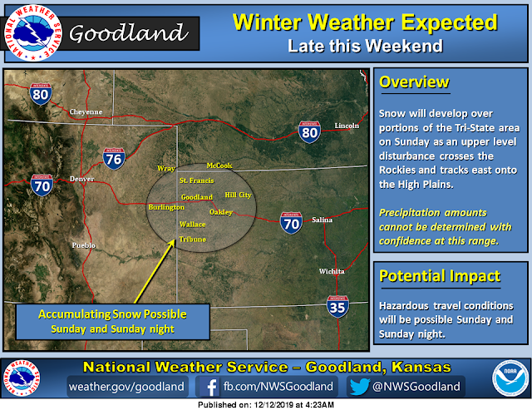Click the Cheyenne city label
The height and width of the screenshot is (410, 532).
(86, 111)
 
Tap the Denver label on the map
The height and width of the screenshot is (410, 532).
(81, 179)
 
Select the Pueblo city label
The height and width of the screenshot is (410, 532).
(83, 245)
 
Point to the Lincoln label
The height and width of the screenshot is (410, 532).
(347, 126)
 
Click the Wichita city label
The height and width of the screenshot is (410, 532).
(332, 271)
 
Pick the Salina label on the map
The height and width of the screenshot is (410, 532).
(322, 220)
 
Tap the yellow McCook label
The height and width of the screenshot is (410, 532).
(219, 165)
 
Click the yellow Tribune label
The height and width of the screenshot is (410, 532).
(193, 240)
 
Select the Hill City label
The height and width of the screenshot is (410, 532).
(239, 195)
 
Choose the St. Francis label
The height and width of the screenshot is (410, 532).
(197, 180)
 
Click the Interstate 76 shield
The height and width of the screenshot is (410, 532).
(114, 159)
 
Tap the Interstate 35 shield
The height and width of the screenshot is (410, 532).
(337, 307)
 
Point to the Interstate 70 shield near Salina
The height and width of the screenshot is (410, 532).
(291, 223)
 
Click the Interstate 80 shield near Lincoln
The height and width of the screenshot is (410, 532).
(309, 132)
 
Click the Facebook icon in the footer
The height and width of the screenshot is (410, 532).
(209, 387)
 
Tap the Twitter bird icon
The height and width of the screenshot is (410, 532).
(359, 387)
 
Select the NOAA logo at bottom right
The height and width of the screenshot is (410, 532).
(510, 378)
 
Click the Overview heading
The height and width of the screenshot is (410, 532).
(414, 82)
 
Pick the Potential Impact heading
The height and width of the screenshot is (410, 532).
(440, 275)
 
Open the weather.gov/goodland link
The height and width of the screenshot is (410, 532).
(126, 387)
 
